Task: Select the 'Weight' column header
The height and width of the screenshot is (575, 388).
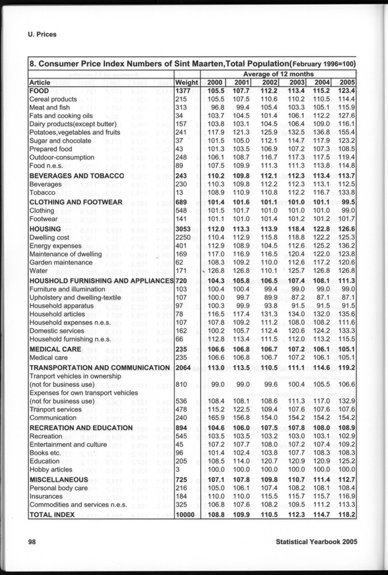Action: (x=187, y=82)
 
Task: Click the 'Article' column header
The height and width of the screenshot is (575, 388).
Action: (x=40, y=82)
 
